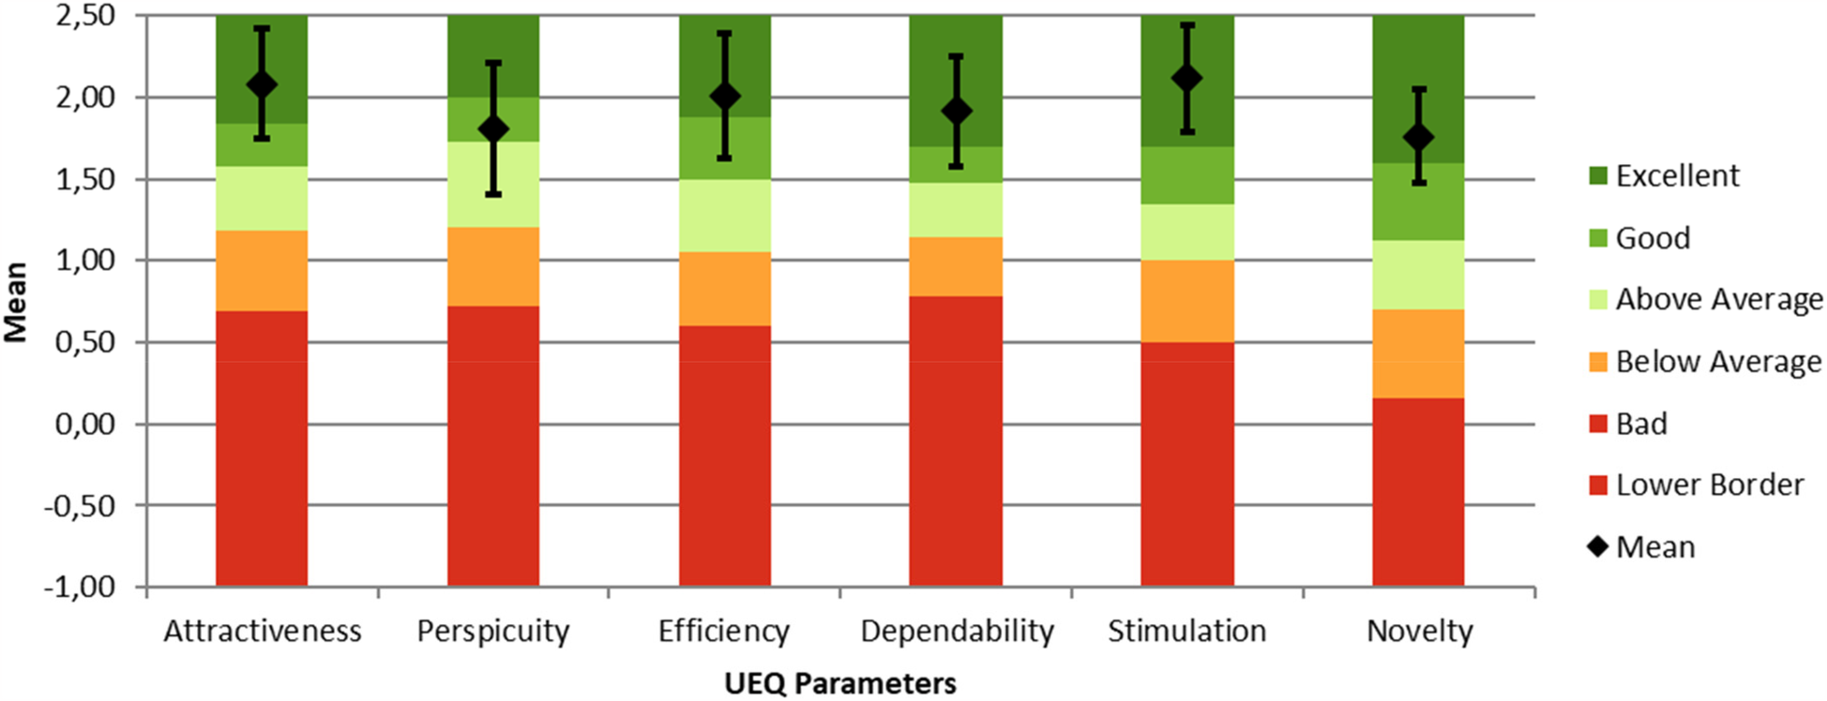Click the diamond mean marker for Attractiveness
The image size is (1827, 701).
coord(262,85)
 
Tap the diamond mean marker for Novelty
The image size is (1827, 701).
coord(1419,138)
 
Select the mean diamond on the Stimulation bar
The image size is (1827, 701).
coord(1187,78)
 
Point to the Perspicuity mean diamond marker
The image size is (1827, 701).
coord(493,129)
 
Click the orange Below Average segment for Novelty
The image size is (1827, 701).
coord(1419,353)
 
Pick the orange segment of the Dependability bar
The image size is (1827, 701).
coord(956,266)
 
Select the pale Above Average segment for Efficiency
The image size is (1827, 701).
coord(725,215)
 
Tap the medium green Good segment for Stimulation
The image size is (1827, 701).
coord(1187,175)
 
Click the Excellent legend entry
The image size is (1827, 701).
coord(1677,175)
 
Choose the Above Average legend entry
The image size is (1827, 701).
coord(1718,299)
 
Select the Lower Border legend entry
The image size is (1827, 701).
coord(1709,485)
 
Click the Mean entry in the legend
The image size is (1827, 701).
coord(1655,546)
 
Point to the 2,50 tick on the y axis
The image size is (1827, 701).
coord(85,16)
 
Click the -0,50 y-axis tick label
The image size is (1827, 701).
coord(82,505)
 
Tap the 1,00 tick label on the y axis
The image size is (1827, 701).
coord(85,261)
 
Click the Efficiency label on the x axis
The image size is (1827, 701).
coord(724,631)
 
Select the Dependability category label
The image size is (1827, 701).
coord(957,631)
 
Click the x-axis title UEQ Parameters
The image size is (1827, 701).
coord(840,683)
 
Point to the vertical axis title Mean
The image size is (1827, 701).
coord(16,302)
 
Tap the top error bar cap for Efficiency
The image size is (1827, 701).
coord(725,33)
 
